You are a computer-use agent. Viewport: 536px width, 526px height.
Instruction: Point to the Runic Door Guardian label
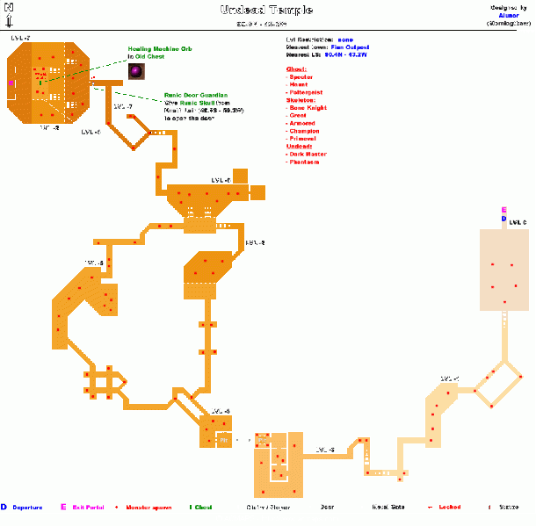[x=196, y=95]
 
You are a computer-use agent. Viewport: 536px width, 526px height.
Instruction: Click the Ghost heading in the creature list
[x=297, y=68]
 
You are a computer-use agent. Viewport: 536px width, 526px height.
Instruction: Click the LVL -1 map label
[x=449, y=379]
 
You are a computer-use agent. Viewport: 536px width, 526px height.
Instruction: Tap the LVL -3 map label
[x=325, y=450]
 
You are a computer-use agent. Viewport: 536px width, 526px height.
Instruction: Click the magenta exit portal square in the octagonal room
[x=11, y=83]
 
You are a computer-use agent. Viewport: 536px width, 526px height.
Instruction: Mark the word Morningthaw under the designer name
[x=509, y=22]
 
